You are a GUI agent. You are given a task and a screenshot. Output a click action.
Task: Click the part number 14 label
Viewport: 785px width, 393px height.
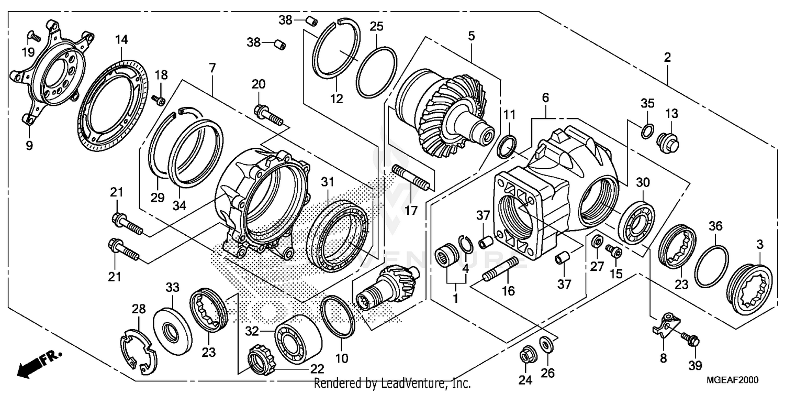coord(121,39)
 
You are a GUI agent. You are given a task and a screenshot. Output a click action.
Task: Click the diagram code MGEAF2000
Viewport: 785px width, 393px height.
coord(733,380)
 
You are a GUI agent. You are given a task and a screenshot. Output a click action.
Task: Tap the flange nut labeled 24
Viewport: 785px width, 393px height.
coord(525,355)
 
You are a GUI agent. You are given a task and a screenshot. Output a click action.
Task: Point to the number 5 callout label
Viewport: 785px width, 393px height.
coord(471,36)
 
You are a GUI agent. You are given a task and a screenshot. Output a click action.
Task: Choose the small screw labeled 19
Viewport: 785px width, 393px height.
coord(33,37)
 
